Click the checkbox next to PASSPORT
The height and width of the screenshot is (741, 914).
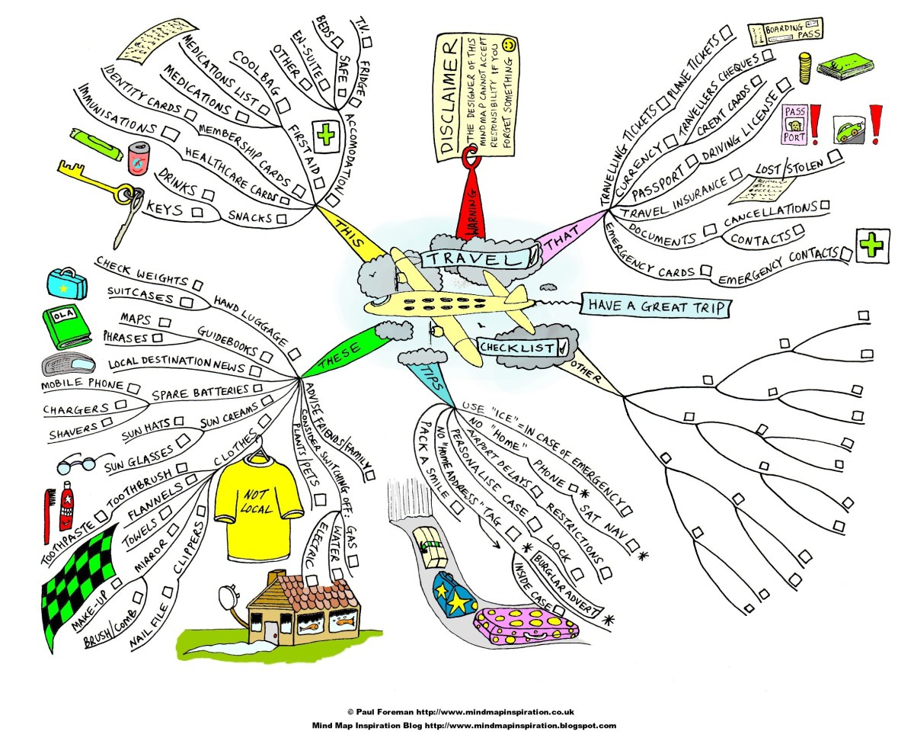pyautogui.click(x=690, y=161)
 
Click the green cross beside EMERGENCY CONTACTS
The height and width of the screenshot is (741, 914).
pyautogui.click(x=868, y=245)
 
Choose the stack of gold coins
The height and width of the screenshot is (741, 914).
pyautogui.click(x=806, y=68)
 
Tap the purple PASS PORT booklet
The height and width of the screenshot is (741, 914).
pyautogui.click(x=794, y=124)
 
